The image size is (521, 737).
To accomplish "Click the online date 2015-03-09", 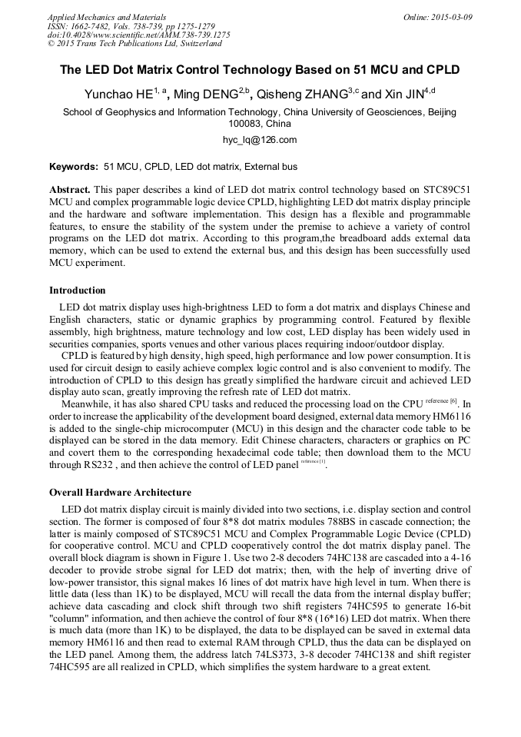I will pyautogui.click(x=450, y=17).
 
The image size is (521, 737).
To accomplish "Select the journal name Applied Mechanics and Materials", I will pyautogui.click(x=107, y=17).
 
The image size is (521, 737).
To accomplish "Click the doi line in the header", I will pyautogui.click(x=138, y=35).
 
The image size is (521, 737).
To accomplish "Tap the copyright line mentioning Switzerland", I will pyautogui.click(x=134, y=44).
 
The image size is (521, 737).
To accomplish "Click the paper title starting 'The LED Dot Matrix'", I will pyautogui.click(x=260, y=70).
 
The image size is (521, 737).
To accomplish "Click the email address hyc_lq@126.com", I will pyautogui.click(x=260, y=140).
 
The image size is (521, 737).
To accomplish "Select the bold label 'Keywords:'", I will pyautogui.click(x=74, y=167).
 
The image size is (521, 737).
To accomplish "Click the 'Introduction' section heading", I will pyautogui.click(x=78, y=290).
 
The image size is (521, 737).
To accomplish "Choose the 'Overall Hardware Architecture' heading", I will pyautogui.click(x=120, y=493).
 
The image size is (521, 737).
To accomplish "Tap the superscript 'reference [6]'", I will pyautogui.click(x=441, y=401).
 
